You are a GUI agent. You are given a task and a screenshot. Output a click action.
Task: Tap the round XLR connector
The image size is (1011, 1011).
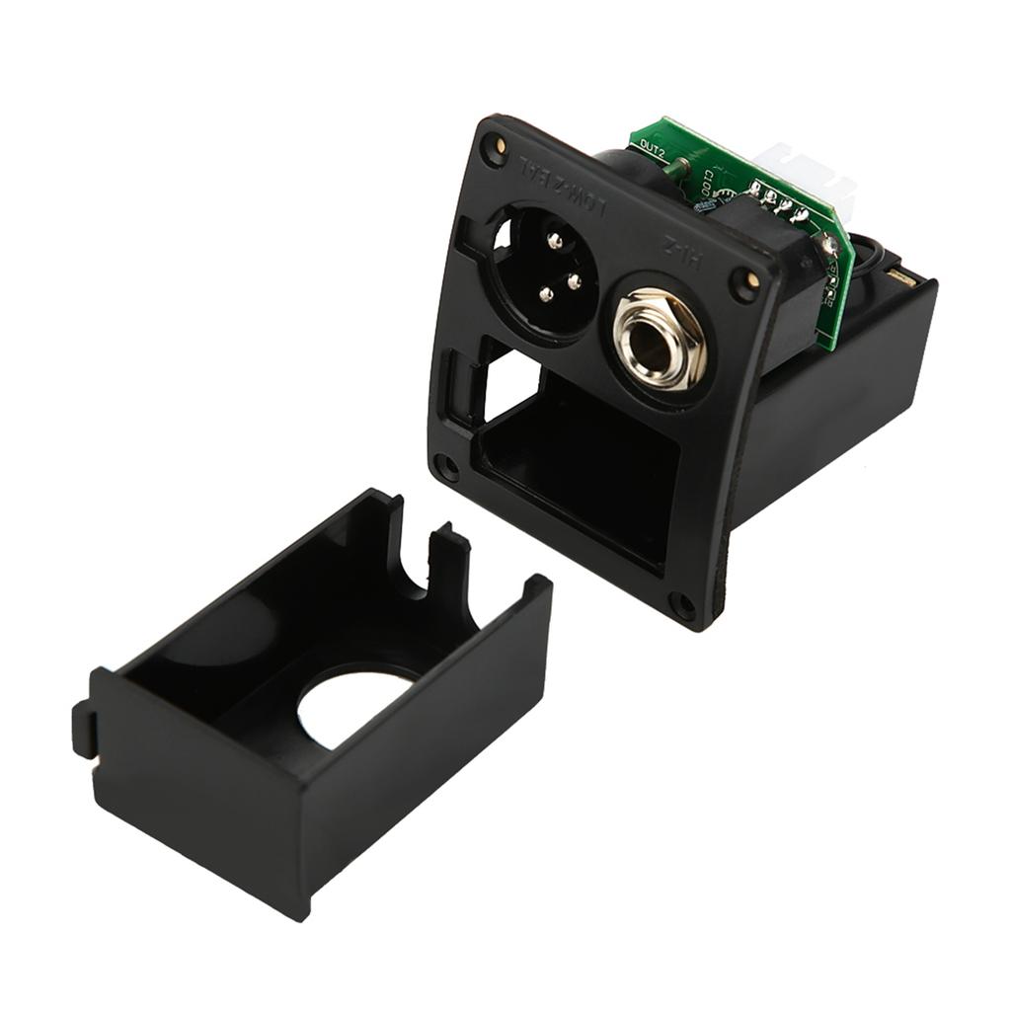point(546,272)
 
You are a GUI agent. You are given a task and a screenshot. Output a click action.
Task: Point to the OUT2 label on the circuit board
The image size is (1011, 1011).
point(653,147)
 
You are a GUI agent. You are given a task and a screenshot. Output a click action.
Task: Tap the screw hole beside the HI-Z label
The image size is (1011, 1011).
point(747,283)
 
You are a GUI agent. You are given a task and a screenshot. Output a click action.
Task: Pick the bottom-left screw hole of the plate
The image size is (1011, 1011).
point(447,464)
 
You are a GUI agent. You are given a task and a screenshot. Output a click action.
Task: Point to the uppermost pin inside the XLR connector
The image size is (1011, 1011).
point(555,241)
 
